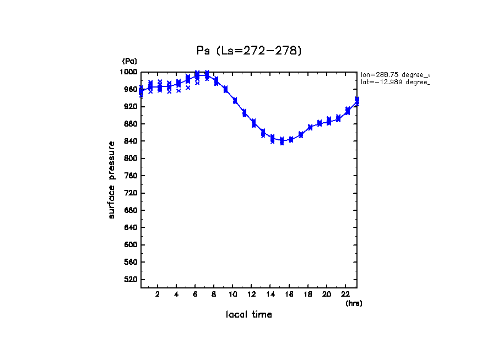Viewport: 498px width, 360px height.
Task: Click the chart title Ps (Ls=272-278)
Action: pyautogui.click(x=249, y=51)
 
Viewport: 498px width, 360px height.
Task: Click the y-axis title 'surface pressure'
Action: pyautogui.click(x=112, y=180)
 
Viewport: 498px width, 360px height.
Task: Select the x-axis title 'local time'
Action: pyautogui.click(x=249, y=315)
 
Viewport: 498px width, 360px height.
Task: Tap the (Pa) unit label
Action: pyautogui.click(x=129, y=61)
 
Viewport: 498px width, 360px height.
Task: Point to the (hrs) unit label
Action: pyautogui.click(x=354, y=303)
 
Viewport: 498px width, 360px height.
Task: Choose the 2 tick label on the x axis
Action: pyautogui.click(x=158, y=294)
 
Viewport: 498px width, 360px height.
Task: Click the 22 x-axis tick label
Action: pyautogui.click(x=345, y=294)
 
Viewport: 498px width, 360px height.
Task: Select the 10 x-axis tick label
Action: pyautogui.click(x=233, y=294)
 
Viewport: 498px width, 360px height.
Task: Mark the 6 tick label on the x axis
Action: pyautogui.click(x=195, y=294)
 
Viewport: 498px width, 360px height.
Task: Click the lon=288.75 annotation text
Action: pyautogui.click(x=394, y=74)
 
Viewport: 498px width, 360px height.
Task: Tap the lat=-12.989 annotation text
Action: pyautogui.click(x=394, y=82)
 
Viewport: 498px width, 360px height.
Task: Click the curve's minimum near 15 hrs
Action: pyautogui.click(x=282, y=141)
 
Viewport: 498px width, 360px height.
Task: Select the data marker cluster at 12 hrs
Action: pyautogui.click(x=253, y=122)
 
